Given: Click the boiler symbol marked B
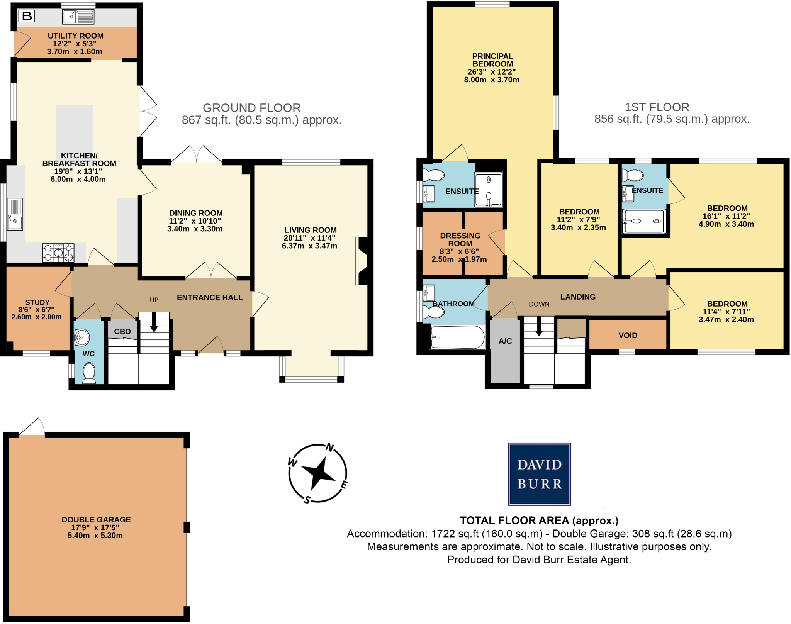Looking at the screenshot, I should [x=27, y=16].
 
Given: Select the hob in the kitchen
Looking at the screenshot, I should [x=58, y=253].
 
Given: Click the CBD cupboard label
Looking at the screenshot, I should [x=122, y=332].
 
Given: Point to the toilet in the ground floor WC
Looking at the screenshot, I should [x=89, y=372].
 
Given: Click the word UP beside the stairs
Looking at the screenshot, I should [x=154, y=300].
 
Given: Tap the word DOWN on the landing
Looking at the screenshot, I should [x=539, y=304].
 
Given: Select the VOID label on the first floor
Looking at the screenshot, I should [x=628, y=336].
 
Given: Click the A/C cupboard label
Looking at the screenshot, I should [x=505, y=341].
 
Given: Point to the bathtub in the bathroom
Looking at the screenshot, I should [x=458, y=337].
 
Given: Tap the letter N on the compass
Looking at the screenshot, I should [x=330, y=448].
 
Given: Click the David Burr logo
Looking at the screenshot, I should [x=539, y=474].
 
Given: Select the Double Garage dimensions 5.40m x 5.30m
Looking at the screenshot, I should [x=95, y=536].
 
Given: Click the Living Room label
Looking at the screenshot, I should [x=311, y=230].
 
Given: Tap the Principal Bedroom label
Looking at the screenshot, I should [x=492, y=60].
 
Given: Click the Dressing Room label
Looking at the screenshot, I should [x=460, y=239].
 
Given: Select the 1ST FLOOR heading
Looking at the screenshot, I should [x=657, y=107].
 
